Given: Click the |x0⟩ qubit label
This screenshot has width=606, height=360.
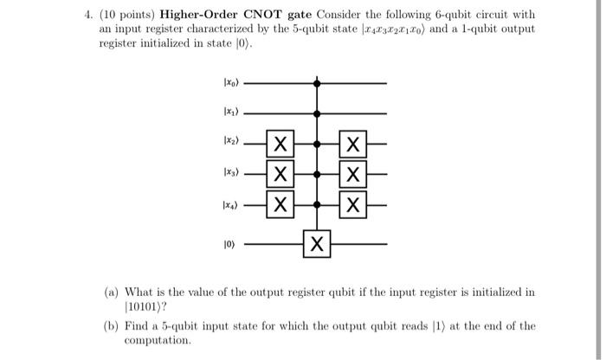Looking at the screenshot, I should (225, 85).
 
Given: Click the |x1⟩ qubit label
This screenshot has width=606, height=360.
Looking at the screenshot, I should (225, 112).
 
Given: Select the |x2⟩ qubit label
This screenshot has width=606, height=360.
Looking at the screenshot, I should (225, 141).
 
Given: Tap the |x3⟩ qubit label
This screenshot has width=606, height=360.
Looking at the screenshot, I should (225, 174).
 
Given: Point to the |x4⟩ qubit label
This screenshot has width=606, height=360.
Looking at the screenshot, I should (225, 206).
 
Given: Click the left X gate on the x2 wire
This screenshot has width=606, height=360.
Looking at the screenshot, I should (278, 142).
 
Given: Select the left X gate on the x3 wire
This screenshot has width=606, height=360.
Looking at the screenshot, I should (278, 174).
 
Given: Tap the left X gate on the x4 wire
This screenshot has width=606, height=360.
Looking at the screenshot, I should (278, 206).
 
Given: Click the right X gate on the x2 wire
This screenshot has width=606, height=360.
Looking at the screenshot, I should (352, 142).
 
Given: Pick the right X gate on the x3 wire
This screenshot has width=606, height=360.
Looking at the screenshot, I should (352, 174).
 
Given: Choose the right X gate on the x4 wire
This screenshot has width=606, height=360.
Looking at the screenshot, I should (352, 206).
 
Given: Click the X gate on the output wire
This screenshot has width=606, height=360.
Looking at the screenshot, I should (316, 245).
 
